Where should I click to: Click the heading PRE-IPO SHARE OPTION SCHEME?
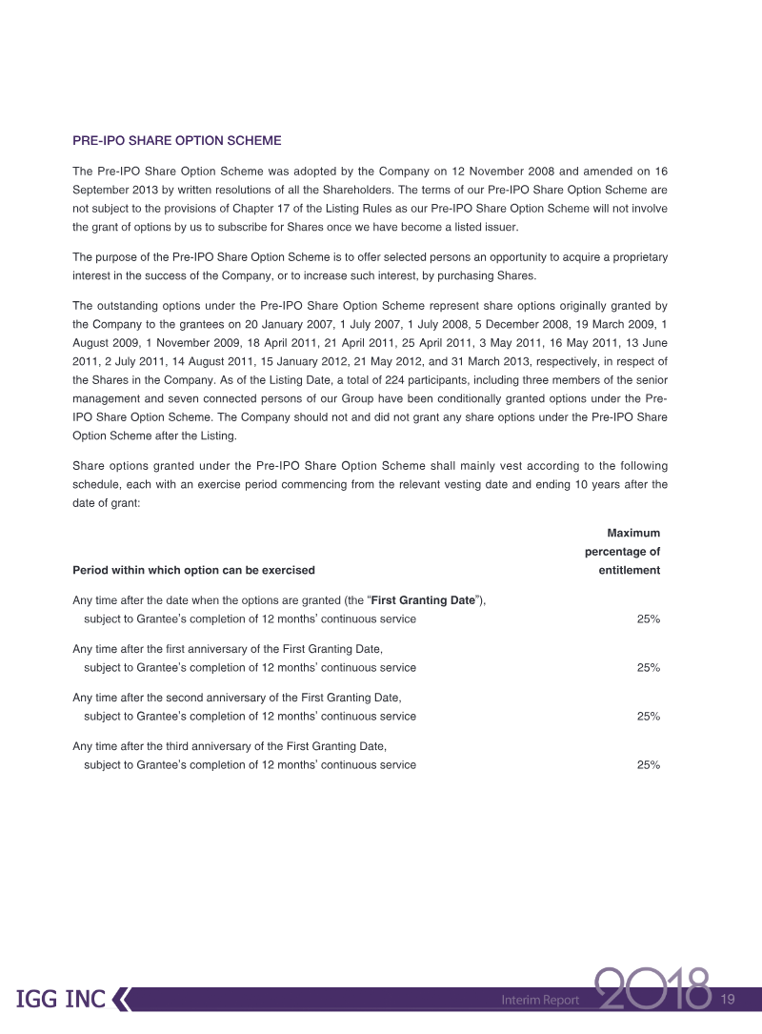(x=177, y=140)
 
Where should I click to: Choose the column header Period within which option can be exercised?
(x=193, y=570)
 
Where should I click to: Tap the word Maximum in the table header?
(x=633, y=533)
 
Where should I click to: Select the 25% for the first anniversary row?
(x=649, y=667)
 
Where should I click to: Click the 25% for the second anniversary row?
(x=649, y=716)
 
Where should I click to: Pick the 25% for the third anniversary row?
(x=649, y=764)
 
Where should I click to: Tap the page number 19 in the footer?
(x=730, y=999)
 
